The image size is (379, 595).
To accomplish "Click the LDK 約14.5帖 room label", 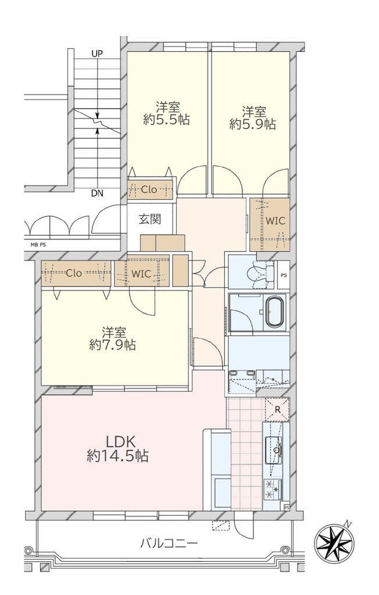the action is (x=117, y=448).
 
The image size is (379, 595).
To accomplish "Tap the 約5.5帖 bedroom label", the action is (x=167, y=113).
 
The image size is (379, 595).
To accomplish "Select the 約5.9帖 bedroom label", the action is (x=253, y=118).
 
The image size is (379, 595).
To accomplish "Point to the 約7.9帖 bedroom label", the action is (x=113, y=339).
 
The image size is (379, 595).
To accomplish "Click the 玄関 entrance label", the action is (x=149, y=219).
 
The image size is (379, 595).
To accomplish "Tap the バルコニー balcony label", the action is (x=169, y=543).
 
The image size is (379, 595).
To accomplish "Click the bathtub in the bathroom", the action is (x=274, y=312).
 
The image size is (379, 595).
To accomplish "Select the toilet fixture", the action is (x=260, y=273).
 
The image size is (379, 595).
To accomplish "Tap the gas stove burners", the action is (x=273, y=489).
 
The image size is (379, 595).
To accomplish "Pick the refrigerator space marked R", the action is (x=277, y=410).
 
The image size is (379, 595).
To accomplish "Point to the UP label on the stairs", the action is (x=97, y=54).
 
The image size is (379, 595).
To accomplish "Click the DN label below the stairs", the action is (x=97, y=193).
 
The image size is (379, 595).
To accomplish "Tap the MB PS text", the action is (x=38, y=245).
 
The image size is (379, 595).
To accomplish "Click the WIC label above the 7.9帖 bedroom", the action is (x=141, y=274).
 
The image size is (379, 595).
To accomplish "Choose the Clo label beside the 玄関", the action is (x=149, y=190).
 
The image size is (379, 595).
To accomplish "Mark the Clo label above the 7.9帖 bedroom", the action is (x=74, y=273).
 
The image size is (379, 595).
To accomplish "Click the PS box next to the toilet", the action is (x=284, y=275).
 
